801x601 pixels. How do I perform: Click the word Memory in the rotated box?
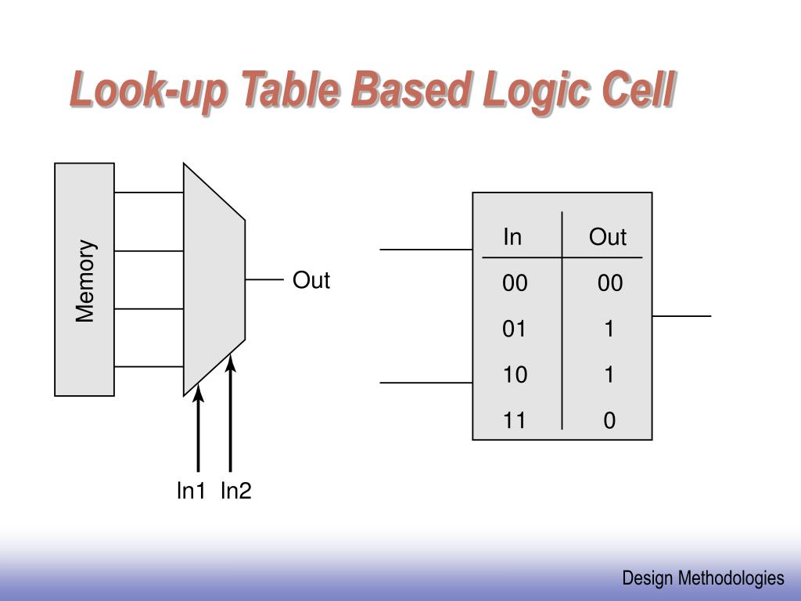pyautogui.click(x=85, y=280)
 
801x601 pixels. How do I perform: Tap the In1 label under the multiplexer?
pyautogui.click(x=191, y=491)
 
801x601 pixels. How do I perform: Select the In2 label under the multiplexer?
pyautogui.click(x=235, y=491)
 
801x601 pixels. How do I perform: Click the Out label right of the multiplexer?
pyautogui.click(x=311, y=280)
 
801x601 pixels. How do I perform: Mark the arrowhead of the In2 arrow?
pyautogui.click(x=230, y=362)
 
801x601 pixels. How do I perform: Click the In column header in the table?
pyautogui.click(x=512, y=237)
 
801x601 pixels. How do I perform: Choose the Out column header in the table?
pyautogui.click(x=608, y=237)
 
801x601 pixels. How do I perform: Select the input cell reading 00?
pyautogui.click(x=515, y=283)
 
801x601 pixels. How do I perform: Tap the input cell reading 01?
pyautogui.click(x=515, y=329)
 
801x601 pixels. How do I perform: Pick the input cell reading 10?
pyautogui.click(x=515, y=376)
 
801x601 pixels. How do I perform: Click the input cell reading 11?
pyautogui.click(x=515, y=421)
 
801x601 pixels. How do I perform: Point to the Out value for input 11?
pyautogui.click(x=609, y=421)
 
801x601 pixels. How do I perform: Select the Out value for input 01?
pyautogui.click(x=609, y=329)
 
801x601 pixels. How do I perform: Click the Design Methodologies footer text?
pyautogui.click(x=702, y=578)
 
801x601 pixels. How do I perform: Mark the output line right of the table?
pyautogui.click(x=681, y=316)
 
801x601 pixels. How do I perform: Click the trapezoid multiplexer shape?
pyautogui.click(x=214, y=279)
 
